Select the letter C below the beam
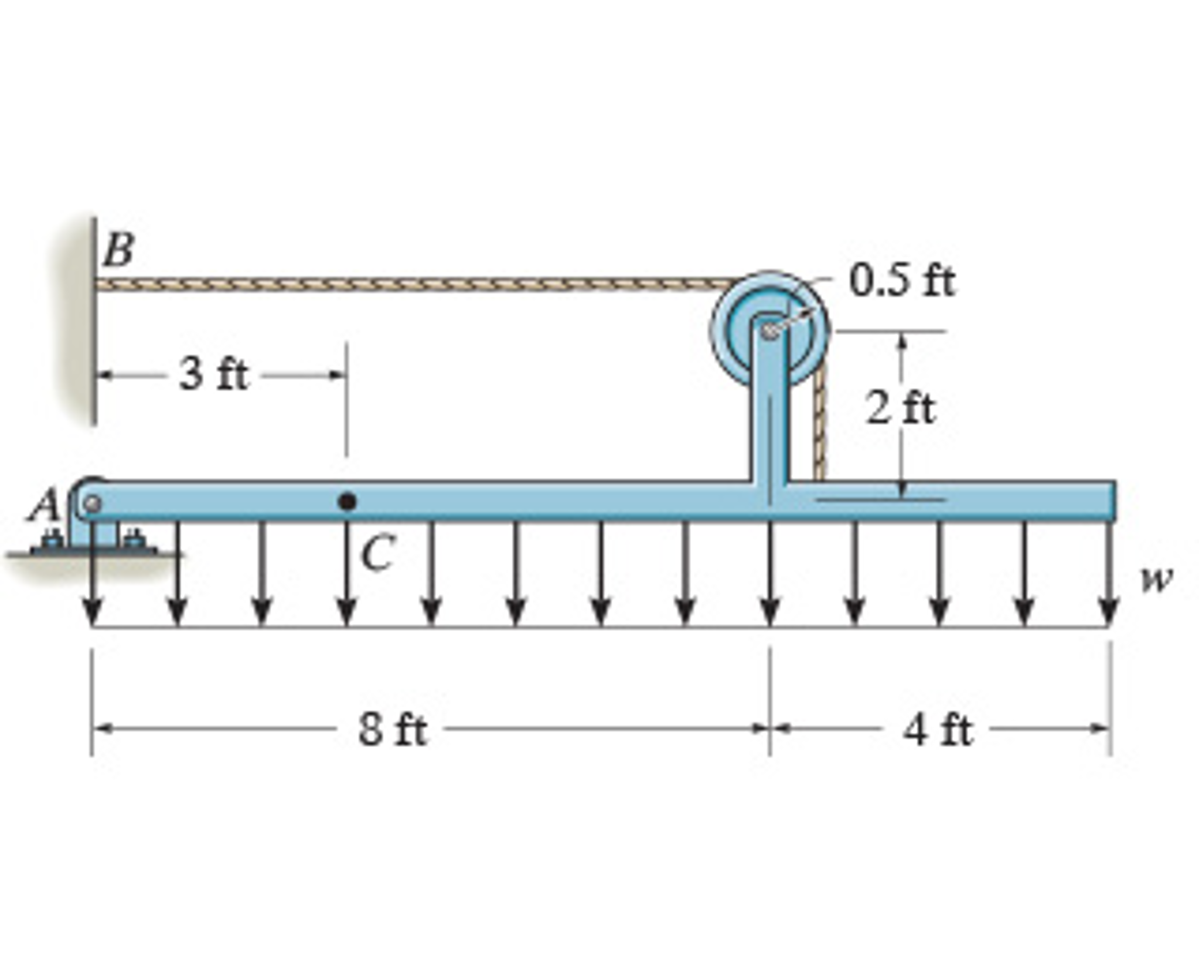pyautogui.click(x=377, y=553)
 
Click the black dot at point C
pyautogui.click(x=348, y=502)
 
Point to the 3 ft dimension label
pyautogui.click(x=214, y=374)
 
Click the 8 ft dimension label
pyautogui.click(x=393, y=730)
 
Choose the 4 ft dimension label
pyautogui.click(x=937, y=730)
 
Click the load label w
pyautogui.click(x=1157, y=580)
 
